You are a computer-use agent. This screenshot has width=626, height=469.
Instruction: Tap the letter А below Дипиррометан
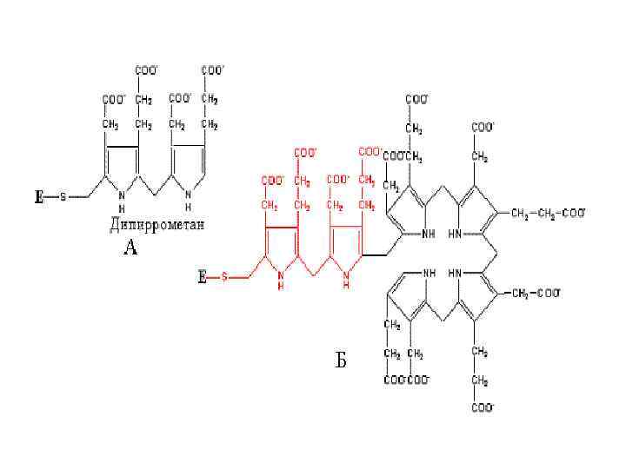(x=130, y=248)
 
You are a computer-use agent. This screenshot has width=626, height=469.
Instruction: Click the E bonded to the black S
(x=38, y=197)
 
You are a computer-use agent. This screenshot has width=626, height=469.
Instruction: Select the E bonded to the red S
(x=202, y=278)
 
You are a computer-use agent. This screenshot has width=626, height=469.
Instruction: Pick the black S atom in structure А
(x=63, y=197)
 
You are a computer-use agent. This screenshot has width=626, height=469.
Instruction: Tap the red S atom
(x=224, y=278)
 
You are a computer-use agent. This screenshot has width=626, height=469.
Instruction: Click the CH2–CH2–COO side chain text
(x=549, y=212)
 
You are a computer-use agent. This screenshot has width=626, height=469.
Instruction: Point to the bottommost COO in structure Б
(x=482, y=406)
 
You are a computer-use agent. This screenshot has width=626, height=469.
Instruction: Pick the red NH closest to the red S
(x=280, y=280)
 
